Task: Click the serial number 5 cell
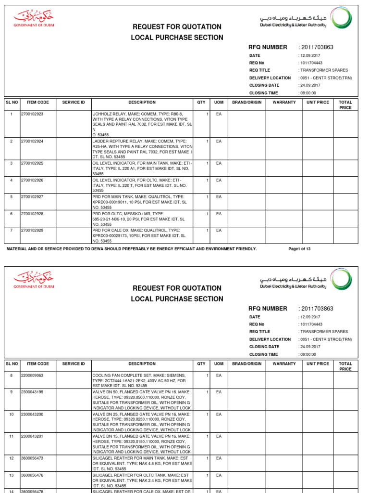point(12,197)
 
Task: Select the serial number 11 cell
point(12,436)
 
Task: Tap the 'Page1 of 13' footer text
point(299,249)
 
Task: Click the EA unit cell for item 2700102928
point(219,214)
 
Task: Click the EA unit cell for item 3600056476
point(219,475)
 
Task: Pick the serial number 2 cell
point(12,141)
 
